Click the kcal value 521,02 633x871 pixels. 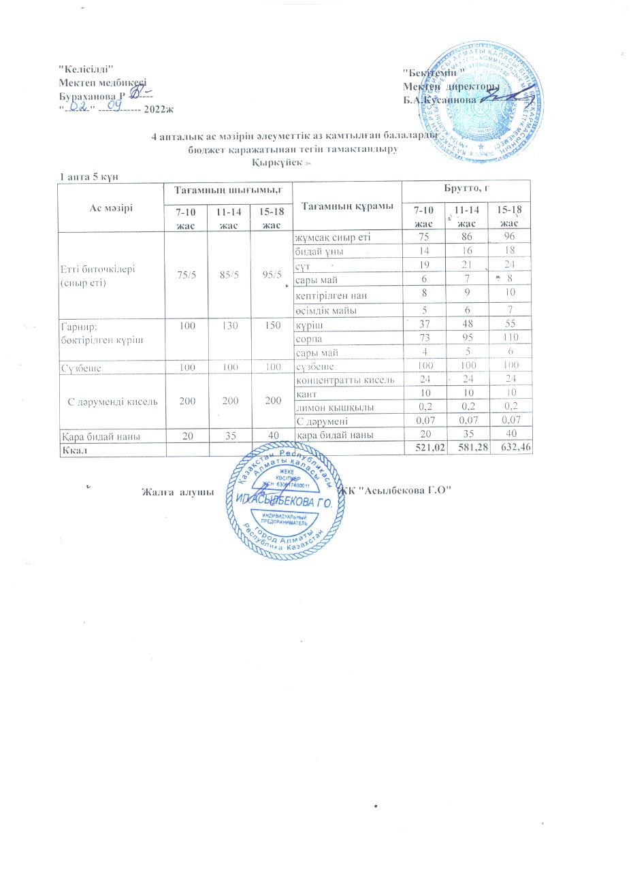click(424, 448)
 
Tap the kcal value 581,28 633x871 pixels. click(468, 448)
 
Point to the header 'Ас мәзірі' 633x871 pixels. click(111, 207)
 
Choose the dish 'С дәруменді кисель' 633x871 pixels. click(114, 401)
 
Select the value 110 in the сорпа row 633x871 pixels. click(507, 338)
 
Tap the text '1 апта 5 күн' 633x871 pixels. click(90, 177)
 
